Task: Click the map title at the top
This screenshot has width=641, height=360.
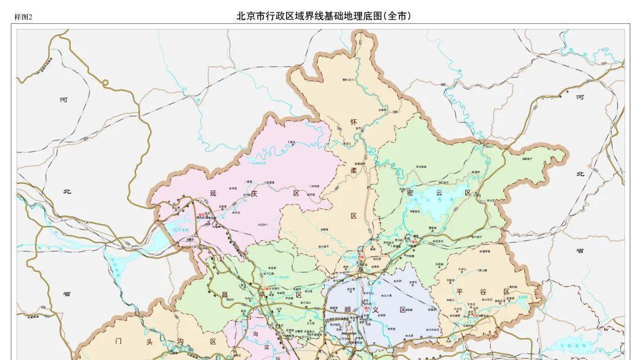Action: coord(323,16)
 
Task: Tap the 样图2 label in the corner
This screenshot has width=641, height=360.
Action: coord(23,17)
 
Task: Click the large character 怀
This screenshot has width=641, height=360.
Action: coord(354,122)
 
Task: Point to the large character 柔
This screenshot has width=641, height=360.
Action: coord(354,170)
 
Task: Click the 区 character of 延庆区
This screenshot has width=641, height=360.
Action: coord(296,193)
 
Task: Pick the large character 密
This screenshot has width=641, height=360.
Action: coord(410,192)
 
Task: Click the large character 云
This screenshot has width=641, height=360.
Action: coord(439,192)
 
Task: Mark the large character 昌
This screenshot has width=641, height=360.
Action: coord(224,294)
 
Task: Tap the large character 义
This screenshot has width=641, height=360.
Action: coord(375,310)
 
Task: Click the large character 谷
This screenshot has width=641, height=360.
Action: coord(483,291)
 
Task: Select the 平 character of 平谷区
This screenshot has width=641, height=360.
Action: coord(459,291)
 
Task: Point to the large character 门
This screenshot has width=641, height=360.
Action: coord(118,341)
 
